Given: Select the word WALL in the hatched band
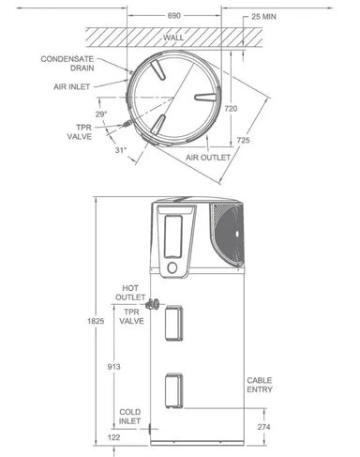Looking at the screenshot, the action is pyautogui.click(x=173, y=38).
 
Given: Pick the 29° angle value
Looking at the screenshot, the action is pyautogui.click(x=100, y=113).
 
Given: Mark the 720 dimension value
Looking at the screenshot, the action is pyautogui.click(x=232, y=109).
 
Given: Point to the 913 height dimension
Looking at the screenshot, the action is pyautogui.click(x=112, y=366).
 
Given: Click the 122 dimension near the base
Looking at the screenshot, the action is pyautogui.click(x=112, y=436).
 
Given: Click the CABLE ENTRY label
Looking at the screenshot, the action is pyautogui.click(x=260, y=386).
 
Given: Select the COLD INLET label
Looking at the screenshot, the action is pyautogui.click(x=130, y=417).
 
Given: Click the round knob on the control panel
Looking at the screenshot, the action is pyautogui.click(x=172, y=268).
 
